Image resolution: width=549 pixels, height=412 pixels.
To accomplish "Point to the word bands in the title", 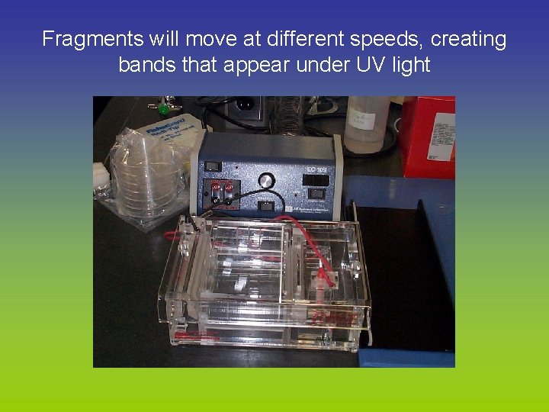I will pyautogui.click(x=146, y=65).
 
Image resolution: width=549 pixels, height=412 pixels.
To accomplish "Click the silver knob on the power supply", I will pyautogui.click(x=266, y=181).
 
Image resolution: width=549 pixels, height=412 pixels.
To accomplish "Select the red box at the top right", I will pyautogui.click(x=428, y=136).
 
